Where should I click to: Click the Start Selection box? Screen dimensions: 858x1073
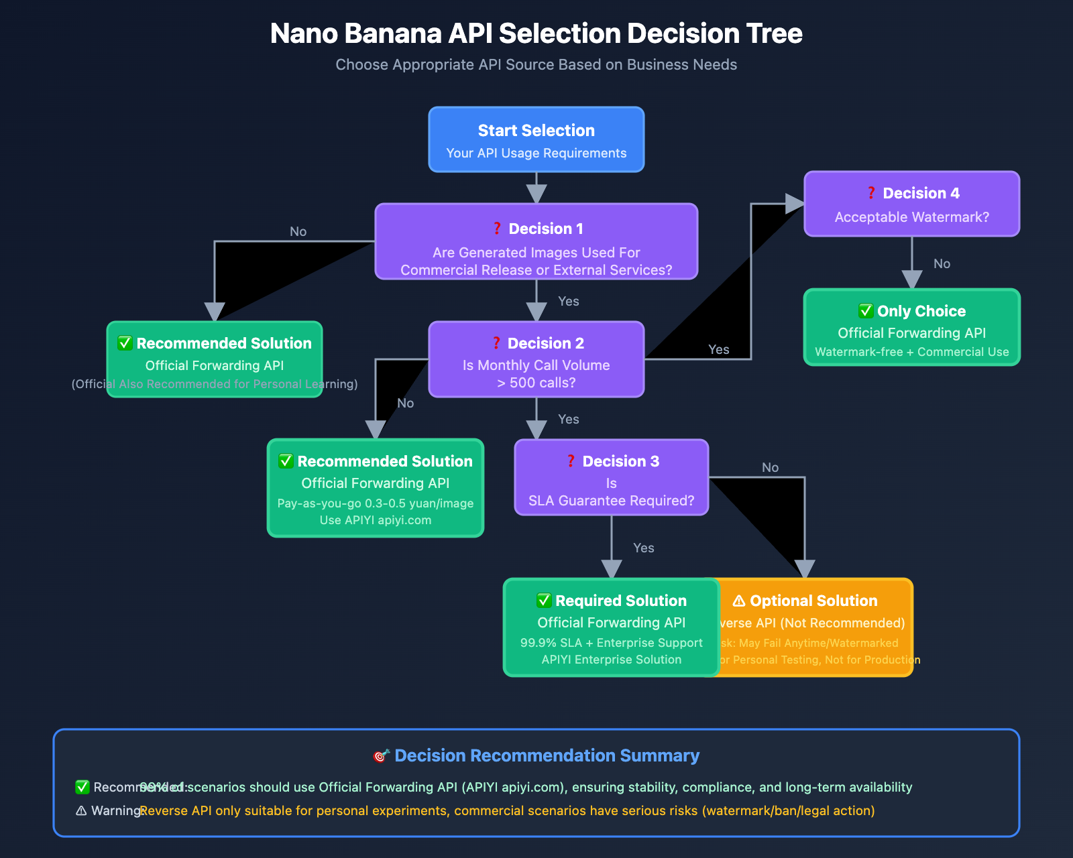(x=536, y=139)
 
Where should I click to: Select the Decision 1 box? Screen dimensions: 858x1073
(x=536, y=241)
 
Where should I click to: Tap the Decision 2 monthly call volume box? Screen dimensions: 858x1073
(x=536, y=359)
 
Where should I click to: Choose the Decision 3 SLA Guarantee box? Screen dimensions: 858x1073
(x=611, y=477)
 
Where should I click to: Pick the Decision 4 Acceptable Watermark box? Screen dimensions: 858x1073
(x=911, y=204)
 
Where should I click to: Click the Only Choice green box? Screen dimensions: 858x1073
(x=911, y=327)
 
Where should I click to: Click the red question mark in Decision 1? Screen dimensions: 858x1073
(x=497, y=229)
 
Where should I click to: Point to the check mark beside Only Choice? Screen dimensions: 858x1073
(x=866, y=311)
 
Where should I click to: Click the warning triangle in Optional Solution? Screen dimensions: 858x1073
(x=739, y=601)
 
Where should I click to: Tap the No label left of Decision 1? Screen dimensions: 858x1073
(x=298, y=231)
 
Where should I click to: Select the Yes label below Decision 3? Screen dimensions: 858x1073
(x=643, y=548)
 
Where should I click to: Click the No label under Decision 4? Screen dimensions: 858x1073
(x=942, y=263)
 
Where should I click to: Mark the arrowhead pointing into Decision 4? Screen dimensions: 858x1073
(x=795, y=204)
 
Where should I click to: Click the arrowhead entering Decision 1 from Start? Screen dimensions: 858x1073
(x=536, y=194)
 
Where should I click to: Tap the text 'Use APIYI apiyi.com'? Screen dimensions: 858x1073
(x=376, y=520)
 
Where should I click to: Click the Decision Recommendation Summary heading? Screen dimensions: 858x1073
(x=547, y=755)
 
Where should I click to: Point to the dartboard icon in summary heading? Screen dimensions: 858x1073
(x=381, y=755)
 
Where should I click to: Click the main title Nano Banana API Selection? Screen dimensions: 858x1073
(x=536, y=34)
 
